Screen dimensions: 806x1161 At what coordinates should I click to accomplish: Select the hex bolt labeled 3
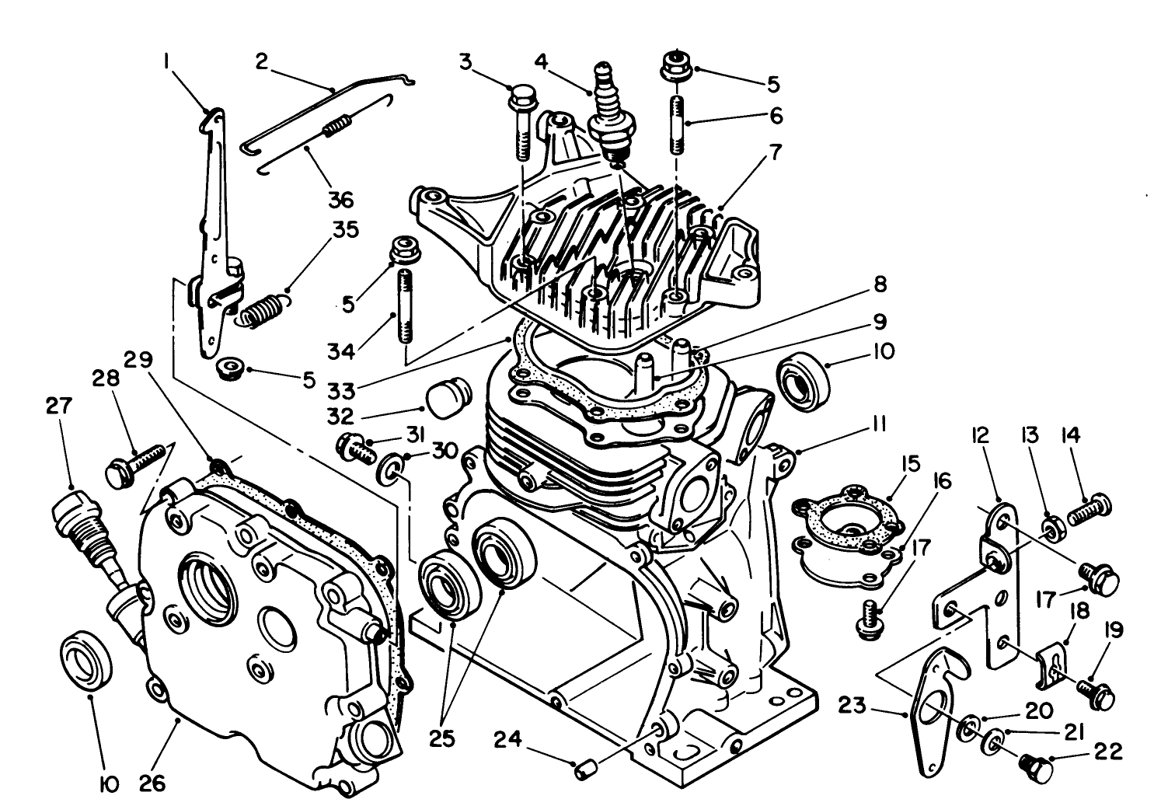tap(521, 124)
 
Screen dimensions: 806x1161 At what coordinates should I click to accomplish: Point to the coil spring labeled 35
tap(259, 309)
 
